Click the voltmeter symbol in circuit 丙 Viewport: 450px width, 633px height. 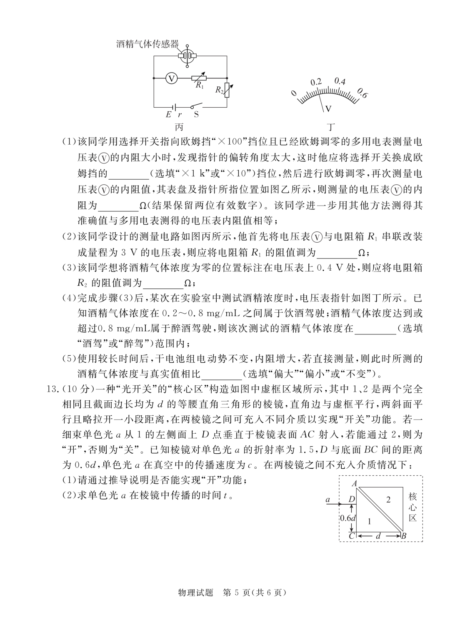point(171,78)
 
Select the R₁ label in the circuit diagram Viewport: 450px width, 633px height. point(200,85)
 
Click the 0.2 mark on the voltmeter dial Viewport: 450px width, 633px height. point(316,82)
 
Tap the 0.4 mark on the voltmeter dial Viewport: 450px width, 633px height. point(340,81)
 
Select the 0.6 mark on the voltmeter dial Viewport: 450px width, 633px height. point(362,94)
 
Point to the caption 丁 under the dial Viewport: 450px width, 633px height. point(331,126)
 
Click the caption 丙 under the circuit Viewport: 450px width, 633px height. point(180,126)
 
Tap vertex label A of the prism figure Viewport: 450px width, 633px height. point(355,484)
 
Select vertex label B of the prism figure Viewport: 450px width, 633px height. point(403,536)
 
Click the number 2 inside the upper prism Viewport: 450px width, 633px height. point(388,500)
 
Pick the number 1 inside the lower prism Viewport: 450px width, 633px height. point(368,521)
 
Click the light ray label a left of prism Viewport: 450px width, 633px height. point(328,499)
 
